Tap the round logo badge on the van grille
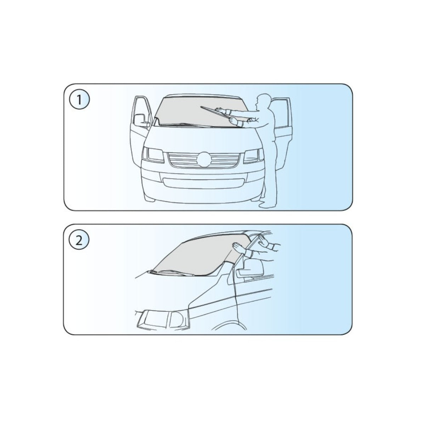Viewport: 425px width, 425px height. [203, 160]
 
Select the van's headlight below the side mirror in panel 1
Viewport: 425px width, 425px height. [153, 155]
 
